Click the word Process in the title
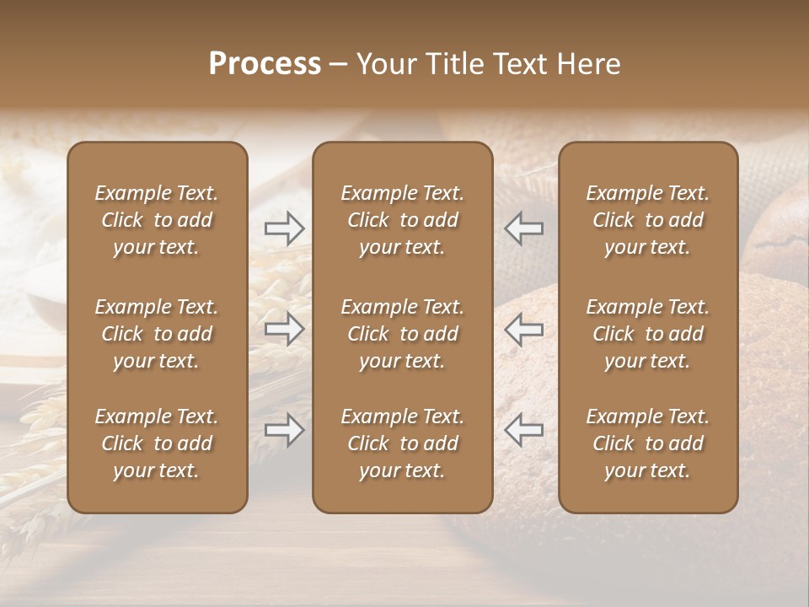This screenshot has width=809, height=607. tap(265, 64)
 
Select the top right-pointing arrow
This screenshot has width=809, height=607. tap(285, 228)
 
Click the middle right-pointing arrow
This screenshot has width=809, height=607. tap(285, 329)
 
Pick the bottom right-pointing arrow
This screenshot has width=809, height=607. tap(285, 430)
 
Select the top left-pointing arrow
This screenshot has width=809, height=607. tap(523, 228)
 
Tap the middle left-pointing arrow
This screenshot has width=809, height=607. tap(523, 329)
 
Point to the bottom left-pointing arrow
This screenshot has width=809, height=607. tap(523, 430)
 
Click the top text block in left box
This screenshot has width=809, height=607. tap(157, 220)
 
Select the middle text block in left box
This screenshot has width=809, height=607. tap(157, 334)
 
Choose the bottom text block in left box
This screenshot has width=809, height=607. tap(157, 443)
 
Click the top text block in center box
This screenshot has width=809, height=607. tap(403, 220)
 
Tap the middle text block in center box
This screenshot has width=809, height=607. tap(403, 334)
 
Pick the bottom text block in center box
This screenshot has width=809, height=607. tap(403, 443)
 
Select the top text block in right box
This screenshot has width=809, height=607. tap(648, 220)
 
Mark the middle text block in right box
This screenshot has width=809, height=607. tap(648, 334)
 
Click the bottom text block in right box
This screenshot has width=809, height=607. tap(648, 443)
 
